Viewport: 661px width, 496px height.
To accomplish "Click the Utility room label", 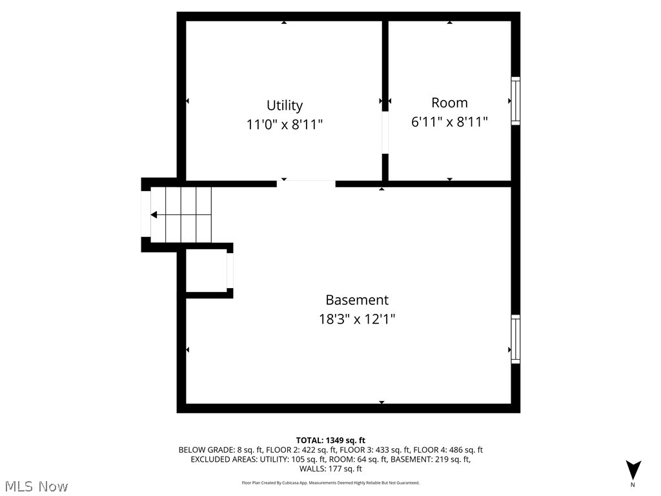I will tap(284, 105).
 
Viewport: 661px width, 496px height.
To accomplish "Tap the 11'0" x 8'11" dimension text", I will tap(284, 125).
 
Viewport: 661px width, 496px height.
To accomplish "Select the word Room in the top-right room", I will tap(449, 103).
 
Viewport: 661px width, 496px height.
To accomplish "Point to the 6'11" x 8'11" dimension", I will tap(449, 121).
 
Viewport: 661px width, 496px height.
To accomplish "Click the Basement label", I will tap(357, 300).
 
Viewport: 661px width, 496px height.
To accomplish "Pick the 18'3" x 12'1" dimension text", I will tap(357, 319).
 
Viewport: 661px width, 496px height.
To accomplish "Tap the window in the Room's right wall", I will tap(515, 101).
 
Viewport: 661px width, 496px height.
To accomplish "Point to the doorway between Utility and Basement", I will tap(306, 183).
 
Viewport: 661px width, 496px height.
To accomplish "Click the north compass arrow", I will tap(633, 469).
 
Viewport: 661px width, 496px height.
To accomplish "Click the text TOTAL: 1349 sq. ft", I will tap(330, 440).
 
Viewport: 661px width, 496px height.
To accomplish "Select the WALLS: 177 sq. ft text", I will tap(330, 468).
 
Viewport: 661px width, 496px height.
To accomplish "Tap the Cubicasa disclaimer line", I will tap(330, 482).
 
